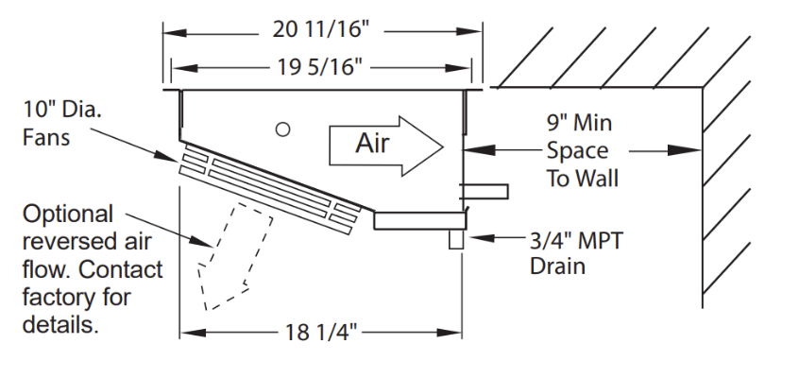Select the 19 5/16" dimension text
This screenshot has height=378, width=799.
[321, 69]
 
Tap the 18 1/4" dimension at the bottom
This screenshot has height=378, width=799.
[322, 332]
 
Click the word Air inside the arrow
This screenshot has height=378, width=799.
[373, 144]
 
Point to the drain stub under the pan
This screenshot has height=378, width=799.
[456, 240]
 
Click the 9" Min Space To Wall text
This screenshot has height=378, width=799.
[578, 150]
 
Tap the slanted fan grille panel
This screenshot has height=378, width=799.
[269, 188]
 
